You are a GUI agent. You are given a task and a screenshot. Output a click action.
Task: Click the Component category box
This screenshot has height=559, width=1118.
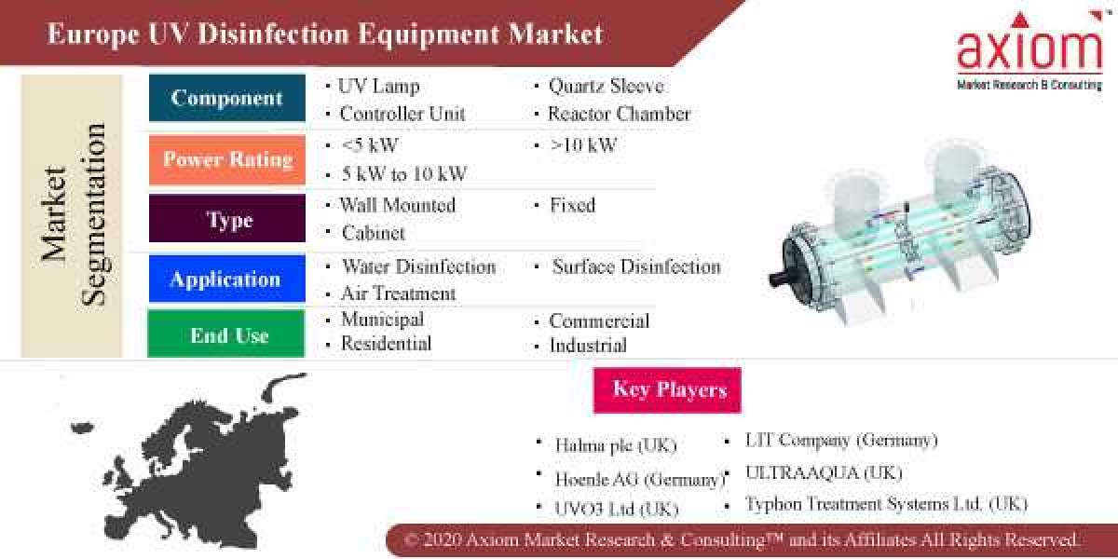pos(226,99)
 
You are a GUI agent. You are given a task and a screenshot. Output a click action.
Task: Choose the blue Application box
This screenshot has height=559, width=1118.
pos(226,279)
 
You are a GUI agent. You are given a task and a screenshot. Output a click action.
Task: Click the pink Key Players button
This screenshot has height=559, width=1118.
pos(667,389)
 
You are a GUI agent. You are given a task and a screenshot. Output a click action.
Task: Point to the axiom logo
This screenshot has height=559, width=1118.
pos(1029,51)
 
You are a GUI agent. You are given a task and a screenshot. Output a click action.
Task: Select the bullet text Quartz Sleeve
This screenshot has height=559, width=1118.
pos(606,87)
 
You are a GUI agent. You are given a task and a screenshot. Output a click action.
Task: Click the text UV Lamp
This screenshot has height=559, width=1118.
pos(378,87)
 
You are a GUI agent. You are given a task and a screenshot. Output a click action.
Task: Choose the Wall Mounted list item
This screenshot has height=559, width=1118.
pos(397,205)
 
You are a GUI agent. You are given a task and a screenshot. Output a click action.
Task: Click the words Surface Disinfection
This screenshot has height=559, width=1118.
pos(635,266)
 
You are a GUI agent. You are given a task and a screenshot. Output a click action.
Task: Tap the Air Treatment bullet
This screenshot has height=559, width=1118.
pos(398,293)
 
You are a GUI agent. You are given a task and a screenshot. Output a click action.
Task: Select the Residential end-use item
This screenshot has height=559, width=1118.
pos(386,344)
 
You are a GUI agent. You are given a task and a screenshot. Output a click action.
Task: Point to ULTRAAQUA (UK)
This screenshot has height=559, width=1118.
pos(824,472)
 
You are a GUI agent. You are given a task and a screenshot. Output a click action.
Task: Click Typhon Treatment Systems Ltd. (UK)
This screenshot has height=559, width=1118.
pos(885,504)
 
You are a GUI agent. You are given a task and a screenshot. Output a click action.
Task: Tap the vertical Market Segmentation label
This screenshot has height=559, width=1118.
pos(73,216)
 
